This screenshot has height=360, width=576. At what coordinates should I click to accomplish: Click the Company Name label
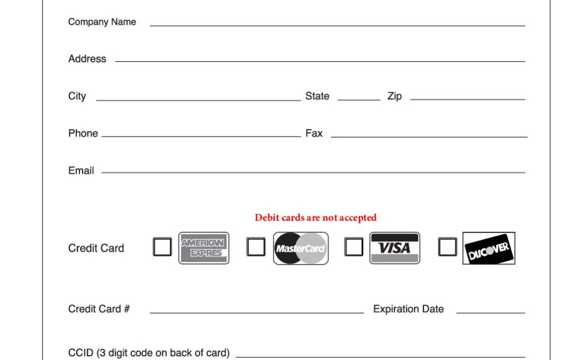click(x=102, y=22)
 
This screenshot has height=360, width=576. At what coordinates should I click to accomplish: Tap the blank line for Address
click(x=320, y=61)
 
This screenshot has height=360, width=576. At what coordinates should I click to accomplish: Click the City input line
click(x=198, y=100)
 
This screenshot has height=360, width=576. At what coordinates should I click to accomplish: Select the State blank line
click(x=359, y=100)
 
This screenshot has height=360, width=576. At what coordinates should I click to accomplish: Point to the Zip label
click(x=395, y=96)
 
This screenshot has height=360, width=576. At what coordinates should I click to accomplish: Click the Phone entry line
click(x=201, y=137)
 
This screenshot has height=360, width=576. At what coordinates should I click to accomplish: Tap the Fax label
click(x=314, y=133)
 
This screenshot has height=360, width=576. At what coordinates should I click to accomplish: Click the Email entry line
click(x=314, y=172)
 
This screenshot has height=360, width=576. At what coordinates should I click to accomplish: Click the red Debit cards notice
click(x=316, y=218)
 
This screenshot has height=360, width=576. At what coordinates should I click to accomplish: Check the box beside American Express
click(x=162, y=247)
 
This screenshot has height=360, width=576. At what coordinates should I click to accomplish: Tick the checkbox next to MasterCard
click(x=256, y=247)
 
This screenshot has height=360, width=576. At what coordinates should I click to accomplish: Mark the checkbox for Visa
click(x=354, y=246)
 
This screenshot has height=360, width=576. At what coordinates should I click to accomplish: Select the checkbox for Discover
click(x=448, y=246)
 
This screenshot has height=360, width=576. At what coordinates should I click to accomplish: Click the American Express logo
click(x=204, y=248)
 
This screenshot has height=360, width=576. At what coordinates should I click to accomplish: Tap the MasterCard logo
click(x=301, y=249)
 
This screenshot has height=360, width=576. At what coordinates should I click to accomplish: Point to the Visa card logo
click(x=395, y=248)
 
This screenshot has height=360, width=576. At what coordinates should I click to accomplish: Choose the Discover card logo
click(x=489, y=248)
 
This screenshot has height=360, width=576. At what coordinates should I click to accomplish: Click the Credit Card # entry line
click(x=257, y=313)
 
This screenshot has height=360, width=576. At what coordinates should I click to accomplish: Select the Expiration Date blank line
click(x=491, y=313)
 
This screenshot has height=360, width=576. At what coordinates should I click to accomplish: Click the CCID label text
click(x=149, y=353)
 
